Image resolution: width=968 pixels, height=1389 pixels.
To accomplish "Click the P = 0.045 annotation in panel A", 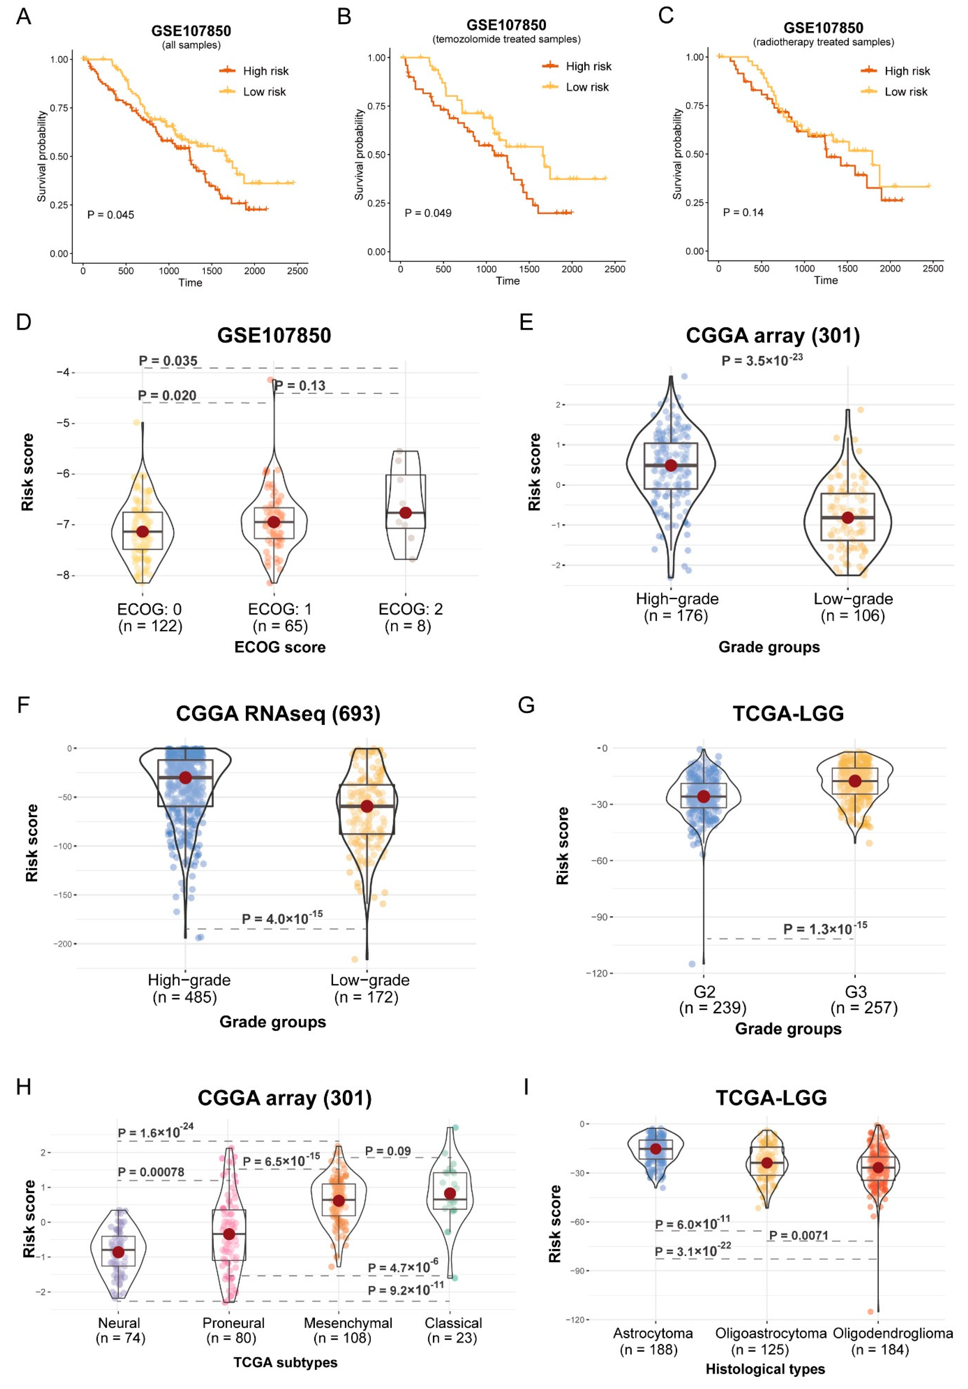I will point(111,215).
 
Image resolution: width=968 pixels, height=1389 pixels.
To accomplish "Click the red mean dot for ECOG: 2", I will point(405,512).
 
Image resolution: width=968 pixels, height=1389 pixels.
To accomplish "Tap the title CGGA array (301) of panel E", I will point(773,335).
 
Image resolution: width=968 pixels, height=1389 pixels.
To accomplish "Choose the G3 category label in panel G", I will point(856,992).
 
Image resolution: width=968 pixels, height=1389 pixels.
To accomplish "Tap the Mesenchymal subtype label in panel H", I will point(348,1323).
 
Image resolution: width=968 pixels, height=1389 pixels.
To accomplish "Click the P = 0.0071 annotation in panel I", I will point(798,1235).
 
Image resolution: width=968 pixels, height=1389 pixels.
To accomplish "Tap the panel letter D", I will point(24,322).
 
